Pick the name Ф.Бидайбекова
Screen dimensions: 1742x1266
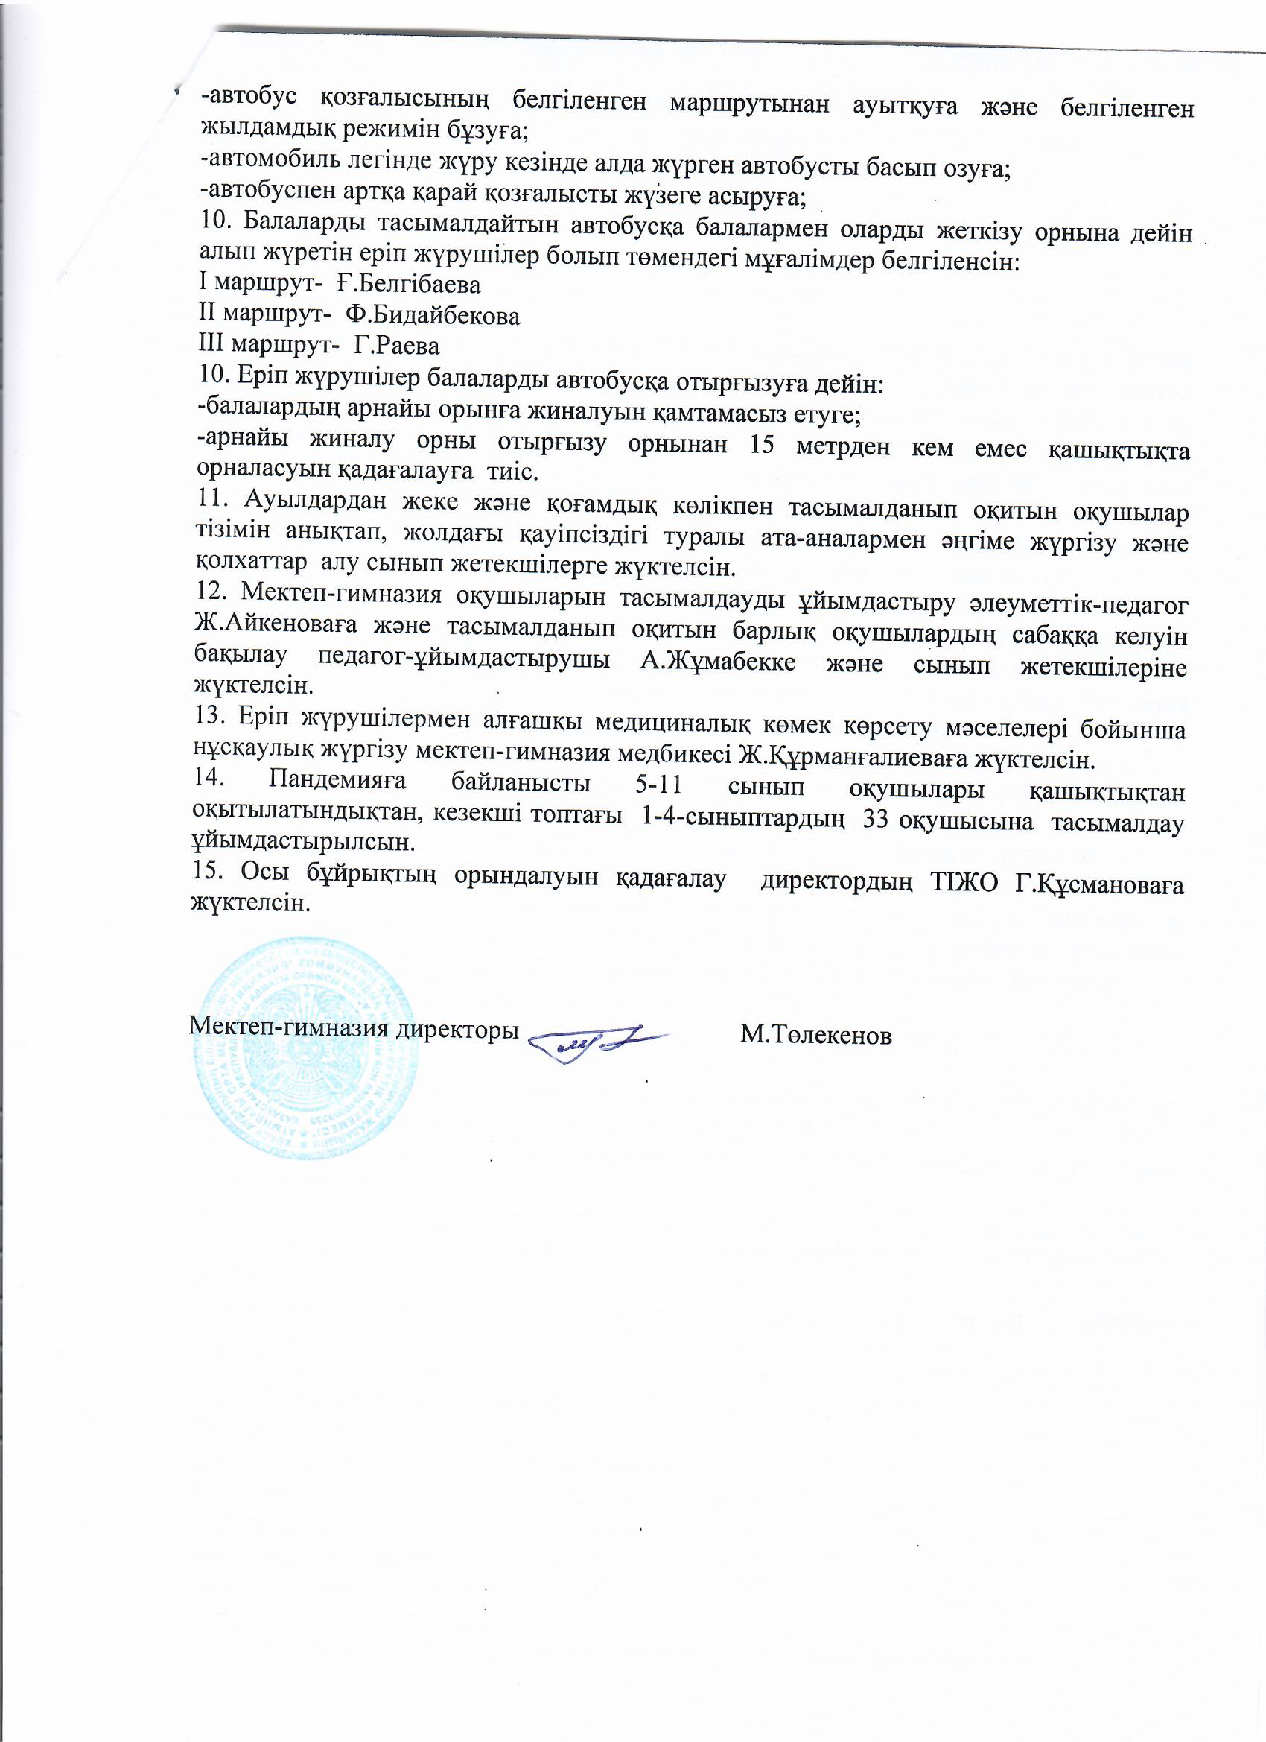click(x=432, y=316)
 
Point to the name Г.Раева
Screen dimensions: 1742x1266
click(x=396, y=346)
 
